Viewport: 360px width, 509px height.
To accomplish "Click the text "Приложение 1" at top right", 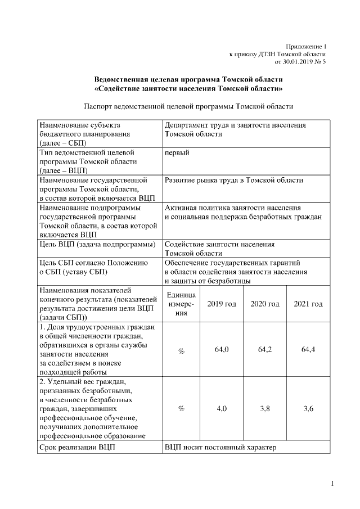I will coord(306,46).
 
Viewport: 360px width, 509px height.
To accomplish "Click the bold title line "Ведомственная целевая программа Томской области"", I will coord(188,80).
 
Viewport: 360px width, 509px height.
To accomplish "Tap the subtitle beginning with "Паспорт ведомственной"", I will coord(188,106).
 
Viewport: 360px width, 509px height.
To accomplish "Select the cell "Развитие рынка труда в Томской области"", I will coord(233,180).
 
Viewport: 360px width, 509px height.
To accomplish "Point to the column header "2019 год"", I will coord(221,304).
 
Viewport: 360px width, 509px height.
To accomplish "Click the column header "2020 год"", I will coord(265,304).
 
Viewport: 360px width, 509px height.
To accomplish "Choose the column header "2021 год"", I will coord(308,304).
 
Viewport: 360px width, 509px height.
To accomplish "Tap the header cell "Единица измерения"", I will coord(181,304).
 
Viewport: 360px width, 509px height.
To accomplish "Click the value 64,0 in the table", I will coord(221,350).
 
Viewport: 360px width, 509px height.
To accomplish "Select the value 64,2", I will coord(265,350).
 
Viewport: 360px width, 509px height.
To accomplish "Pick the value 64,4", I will coord(308,350).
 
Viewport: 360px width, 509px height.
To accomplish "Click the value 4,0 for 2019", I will coord(221,409).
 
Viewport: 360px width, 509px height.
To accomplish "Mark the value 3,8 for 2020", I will coord(265,409).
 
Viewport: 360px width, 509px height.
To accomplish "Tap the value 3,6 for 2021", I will coord(308,409).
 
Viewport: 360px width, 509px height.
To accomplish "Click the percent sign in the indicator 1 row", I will coord(181,350).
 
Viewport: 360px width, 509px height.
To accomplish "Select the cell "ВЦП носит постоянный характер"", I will coord(221,448).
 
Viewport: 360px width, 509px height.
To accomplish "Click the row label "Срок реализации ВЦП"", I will coord(74,448).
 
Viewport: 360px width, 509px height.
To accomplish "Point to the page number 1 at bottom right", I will coord(332,484).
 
